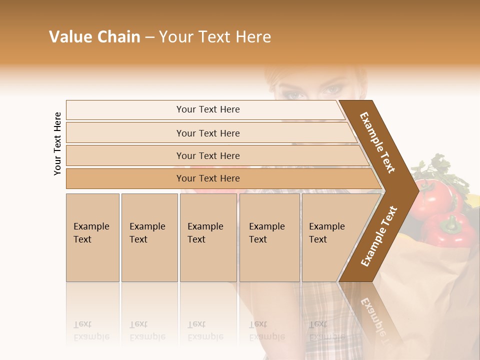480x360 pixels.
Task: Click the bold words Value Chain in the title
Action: (x=94, y=37)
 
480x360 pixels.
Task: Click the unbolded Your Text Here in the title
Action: (x=215, y=37)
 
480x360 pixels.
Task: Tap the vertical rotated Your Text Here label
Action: (x=57, y=143)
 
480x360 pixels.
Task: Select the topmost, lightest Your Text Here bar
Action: (x=207, y=109)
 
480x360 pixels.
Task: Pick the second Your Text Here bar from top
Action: (x=207, y=133)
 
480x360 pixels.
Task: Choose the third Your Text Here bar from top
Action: (x=207, y=155)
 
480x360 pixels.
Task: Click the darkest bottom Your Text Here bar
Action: (x=207, y=178)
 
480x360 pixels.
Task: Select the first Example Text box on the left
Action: (x=92, y=237)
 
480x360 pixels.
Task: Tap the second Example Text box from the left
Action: (x=149, y=237)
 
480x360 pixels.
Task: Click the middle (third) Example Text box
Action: (x=207, y=237)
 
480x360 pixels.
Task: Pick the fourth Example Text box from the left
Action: (x=269, y=237)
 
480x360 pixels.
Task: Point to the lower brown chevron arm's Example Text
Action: (x=379, y=236)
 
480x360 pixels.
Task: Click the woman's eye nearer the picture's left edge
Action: (x=294, y=94)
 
